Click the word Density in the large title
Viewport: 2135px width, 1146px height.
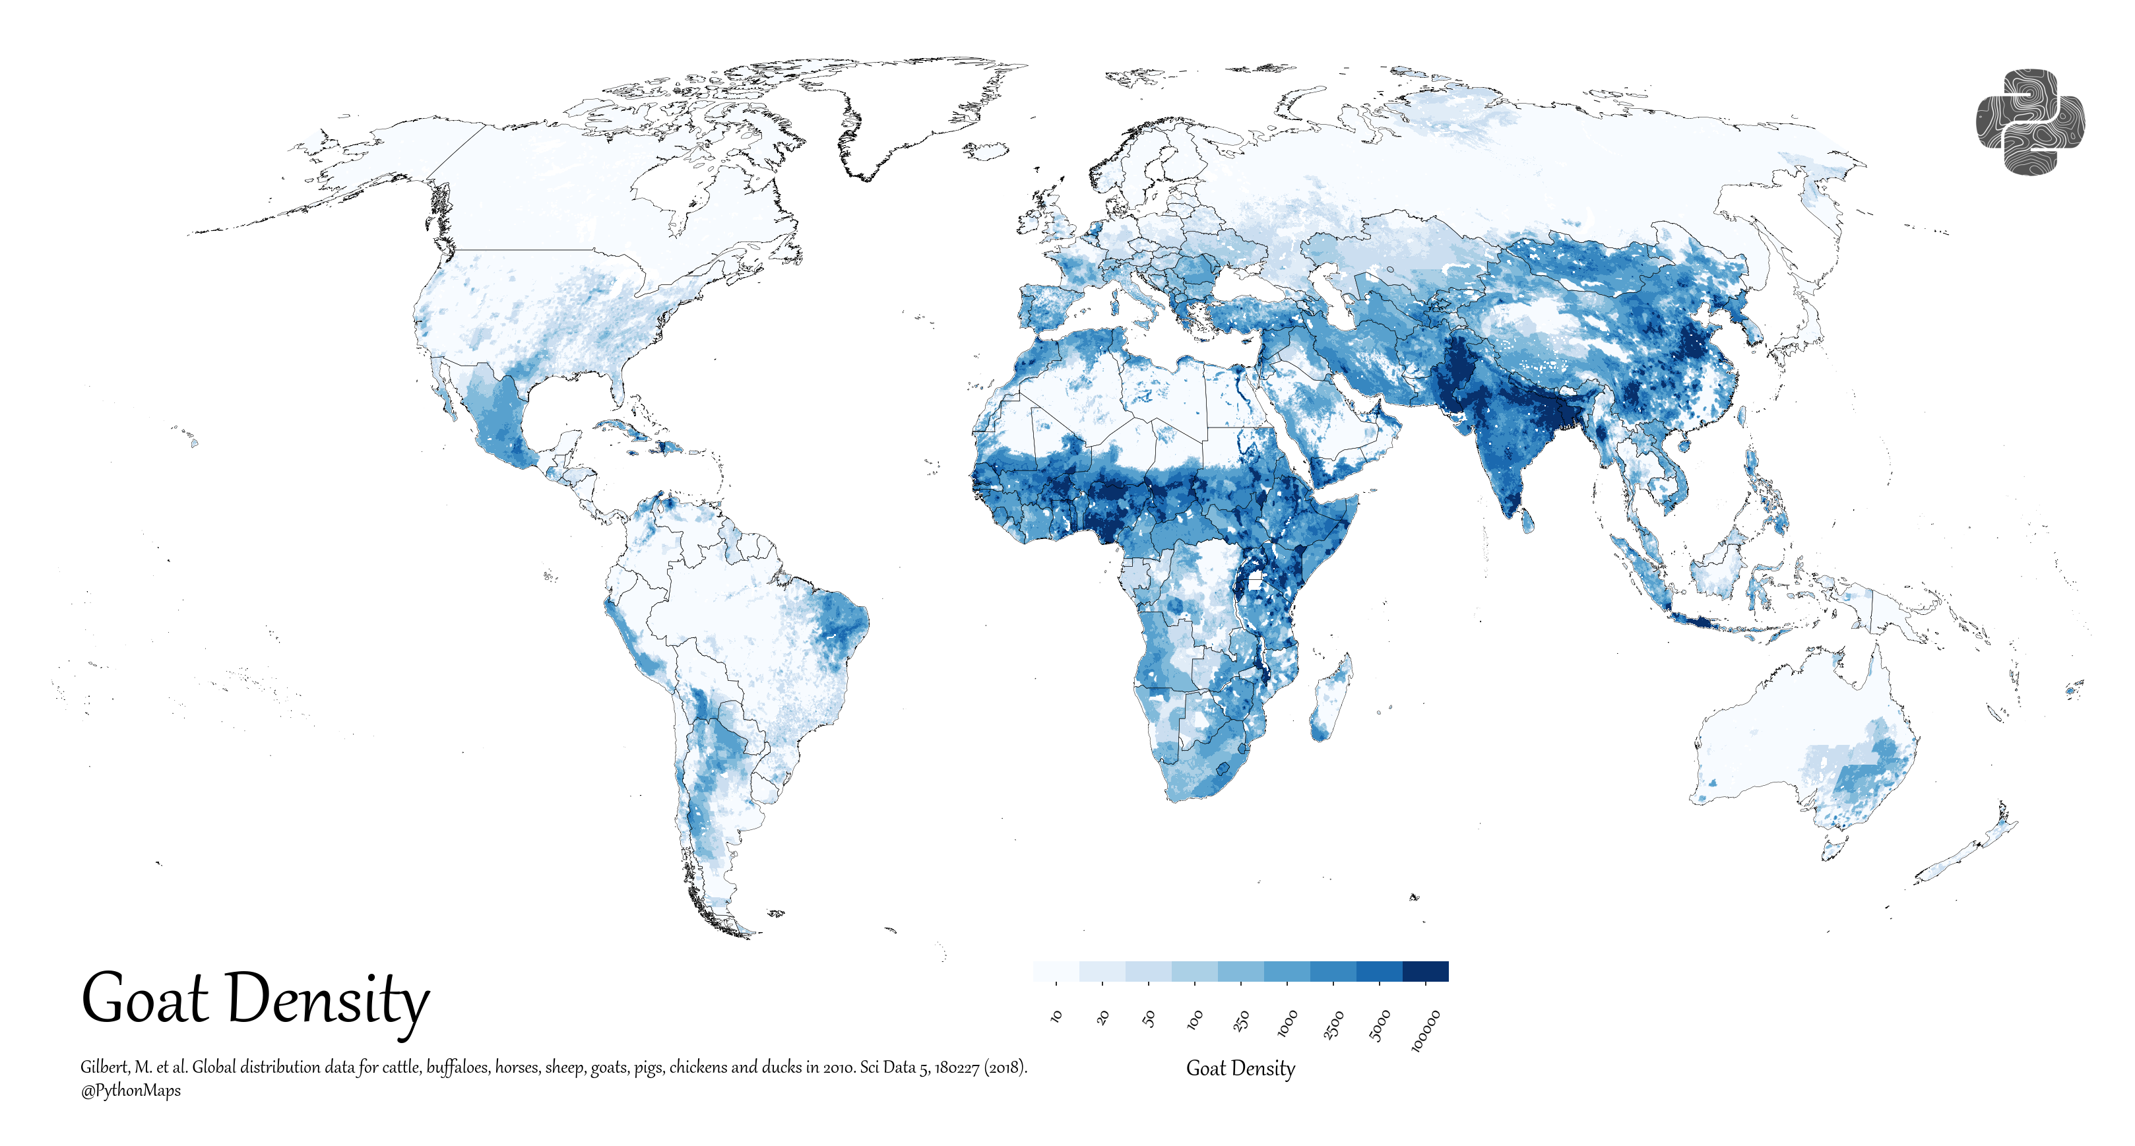pos(327,1001)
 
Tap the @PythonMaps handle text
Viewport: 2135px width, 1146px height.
pos(130,1091)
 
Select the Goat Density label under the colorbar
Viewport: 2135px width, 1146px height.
pos(1240,1068)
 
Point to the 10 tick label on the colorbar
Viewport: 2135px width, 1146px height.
pos(1056,1016)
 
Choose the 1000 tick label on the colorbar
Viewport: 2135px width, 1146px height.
pos(1287,1023)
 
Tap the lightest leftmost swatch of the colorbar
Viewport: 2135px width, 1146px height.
pos(1056,971)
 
